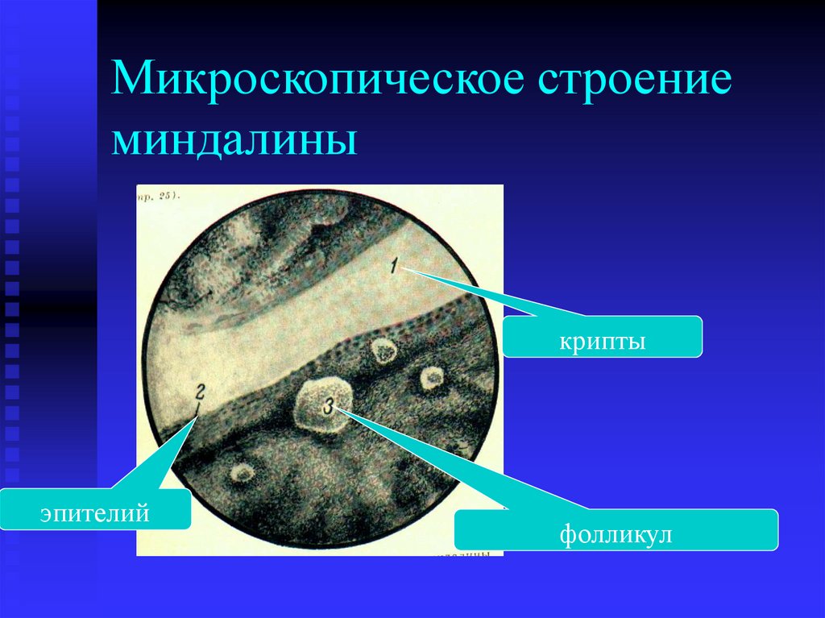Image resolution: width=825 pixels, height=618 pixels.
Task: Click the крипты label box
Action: pyautogui.click(x=603, y=337)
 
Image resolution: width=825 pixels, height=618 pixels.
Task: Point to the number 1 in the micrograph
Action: pyautogui.click(x=395, y=265)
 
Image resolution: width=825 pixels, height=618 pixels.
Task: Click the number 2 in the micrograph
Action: pyautogui.click(x=199, y=395)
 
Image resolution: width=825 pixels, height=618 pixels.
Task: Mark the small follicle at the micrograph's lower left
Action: pyautogui.click(x=239, y=472)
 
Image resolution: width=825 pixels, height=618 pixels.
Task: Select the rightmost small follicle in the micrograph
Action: pyautogui.click(x=432, y=376)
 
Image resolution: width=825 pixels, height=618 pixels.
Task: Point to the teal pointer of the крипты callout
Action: pyautogui.click(x=491, y=295)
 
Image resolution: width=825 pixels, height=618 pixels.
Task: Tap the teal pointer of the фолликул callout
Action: pyautogui.click(x=419, y=459)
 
